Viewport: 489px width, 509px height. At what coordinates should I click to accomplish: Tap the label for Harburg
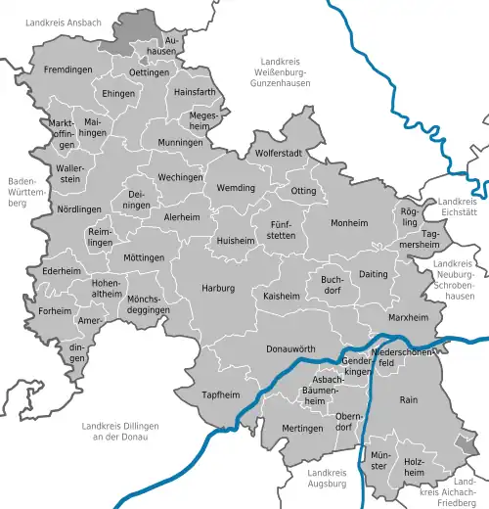(x=219, y=289)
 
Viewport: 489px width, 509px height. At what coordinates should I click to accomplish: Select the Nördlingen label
(x=51, y=210)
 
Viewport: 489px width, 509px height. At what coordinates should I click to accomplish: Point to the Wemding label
(x=236, y=188)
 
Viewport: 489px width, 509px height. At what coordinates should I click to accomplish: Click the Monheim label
(x=349, y=223)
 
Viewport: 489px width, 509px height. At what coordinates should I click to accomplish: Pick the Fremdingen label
(x=67, y=70)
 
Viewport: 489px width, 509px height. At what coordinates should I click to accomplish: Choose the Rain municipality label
(x=409, y=399)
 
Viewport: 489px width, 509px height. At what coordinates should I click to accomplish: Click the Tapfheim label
(x=220, y=395)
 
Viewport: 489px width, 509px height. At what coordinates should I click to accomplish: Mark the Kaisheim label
(x=282, y=295)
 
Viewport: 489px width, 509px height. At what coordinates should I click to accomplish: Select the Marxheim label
(x=409, y=318)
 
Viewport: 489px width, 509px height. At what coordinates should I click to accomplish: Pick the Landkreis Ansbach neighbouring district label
(x=63, y=21)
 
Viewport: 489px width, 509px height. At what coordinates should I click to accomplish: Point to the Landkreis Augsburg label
(x=324, y=479)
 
